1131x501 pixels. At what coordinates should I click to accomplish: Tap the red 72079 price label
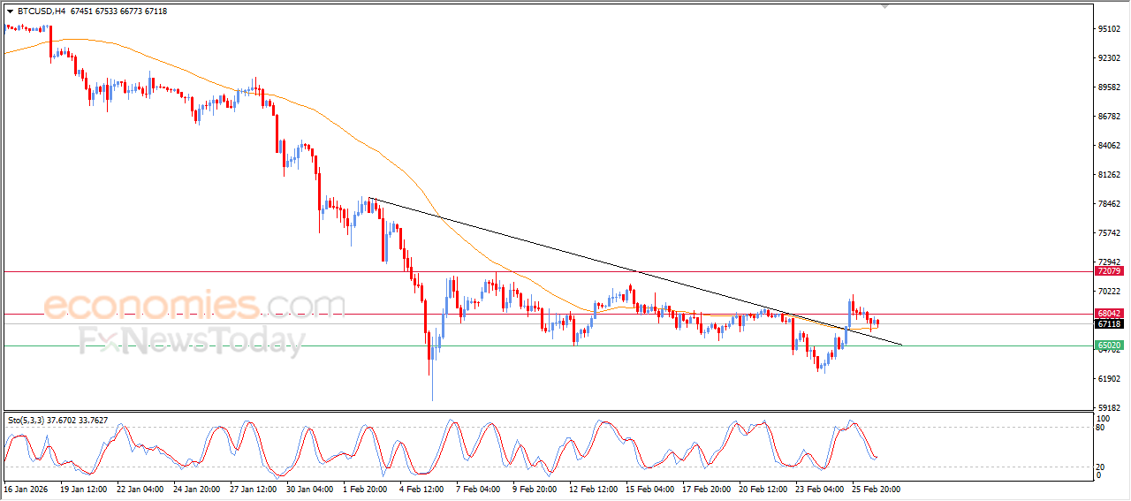click(1109, 272)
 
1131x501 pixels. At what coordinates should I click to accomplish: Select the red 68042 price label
click(1109, 314)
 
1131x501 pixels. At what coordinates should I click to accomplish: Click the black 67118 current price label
click(1109, 324)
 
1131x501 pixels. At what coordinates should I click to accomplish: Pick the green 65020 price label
click(1109, 345)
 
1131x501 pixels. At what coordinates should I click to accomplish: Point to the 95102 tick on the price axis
click(1109, 29)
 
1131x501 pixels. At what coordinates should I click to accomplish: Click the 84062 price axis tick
click(1109, 146)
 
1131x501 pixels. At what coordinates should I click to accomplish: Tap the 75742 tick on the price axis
click(1109, 233)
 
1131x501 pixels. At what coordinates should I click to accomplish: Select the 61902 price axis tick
click(1109, 379)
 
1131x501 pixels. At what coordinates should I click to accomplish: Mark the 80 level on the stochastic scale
click(1101, 428)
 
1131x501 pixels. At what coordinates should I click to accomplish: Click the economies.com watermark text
click(194, 306)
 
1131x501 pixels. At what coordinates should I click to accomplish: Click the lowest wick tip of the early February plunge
click(433, 400)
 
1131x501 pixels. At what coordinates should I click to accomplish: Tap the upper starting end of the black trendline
click(369, 198)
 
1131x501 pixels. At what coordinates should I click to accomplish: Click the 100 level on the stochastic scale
click(1103, 418)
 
